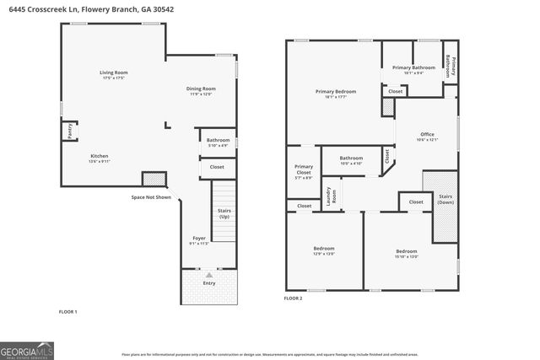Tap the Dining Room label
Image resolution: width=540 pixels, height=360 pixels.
click(201, 90)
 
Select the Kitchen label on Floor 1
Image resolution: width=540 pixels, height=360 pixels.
click(100, 158)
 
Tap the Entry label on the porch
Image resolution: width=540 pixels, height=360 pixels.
click(208, 284)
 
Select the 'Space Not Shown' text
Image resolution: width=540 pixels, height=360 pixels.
click(151, 197)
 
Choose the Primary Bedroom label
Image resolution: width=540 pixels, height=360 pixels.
click(336, 94)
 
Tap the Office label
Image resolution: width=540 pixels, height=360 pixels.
click(427, 137)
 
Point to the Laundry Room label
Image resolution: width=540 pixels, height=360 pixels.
click(333, 196)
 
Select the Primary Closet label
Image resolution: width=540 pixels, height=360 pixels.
click(303, 172)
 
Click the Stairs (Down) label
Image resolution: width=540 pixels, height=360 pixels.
click(445, 199)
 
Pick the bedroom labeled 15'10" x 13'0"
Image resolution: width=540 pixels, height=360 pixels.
click(407, 254)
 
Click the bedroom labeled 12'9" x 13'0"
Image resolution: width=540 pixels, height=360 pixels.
click(324, 250)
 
